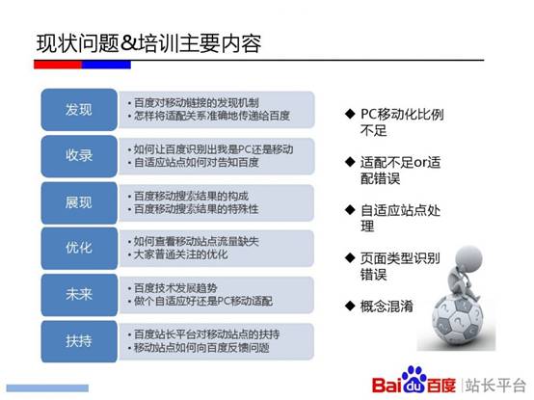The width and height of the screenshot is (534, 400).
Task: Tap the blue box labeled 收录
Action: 79,156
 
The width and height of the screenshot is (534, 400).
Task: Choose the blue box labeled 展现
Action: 79,202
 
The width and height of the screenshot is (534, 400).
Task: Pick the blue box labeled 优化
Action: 79,249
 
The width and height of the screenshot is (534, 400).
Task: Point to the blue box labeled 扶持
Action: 79,340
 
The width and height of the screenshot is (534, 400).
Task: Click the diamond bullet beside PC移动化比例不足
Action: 350,114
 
